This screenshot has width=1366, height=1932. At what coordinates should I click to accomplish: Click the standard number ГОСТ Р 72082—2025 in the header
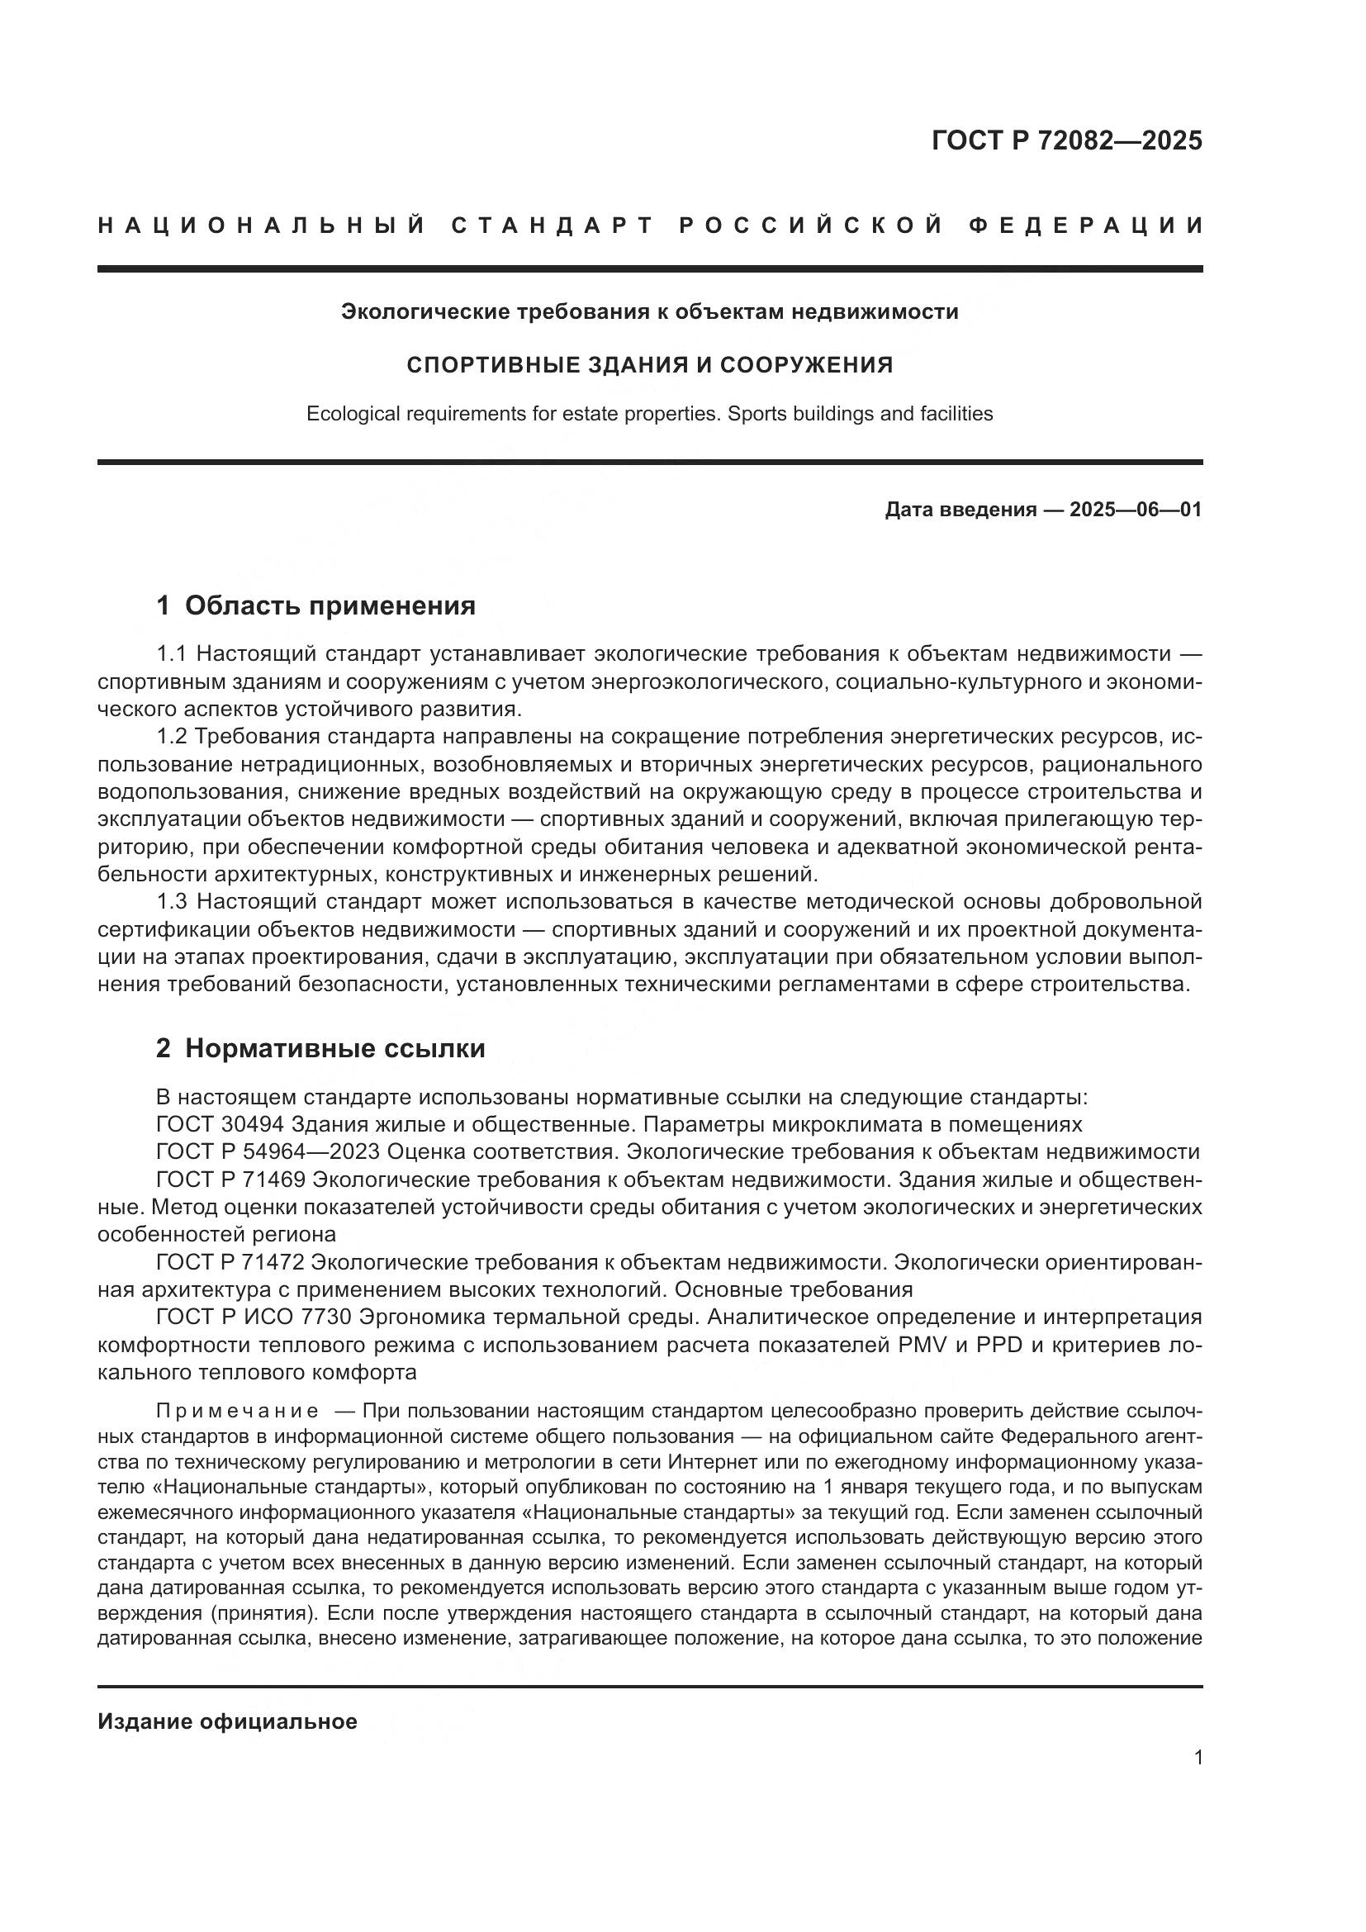(1066, 140)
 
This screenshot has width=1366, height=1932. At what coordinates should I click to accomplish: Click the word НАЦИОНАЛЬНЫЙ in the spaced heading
(262, 225)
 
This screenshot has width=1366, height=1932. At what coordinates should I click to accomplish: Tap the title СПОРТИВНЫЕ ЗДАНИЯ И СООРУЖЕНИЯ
(649, 365)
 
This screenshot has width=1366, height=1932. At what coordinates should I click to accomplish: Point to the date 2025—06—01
(1136, 510)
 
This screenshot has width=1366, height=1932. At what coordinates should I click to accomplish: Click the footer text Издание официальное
(227, 1721)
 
